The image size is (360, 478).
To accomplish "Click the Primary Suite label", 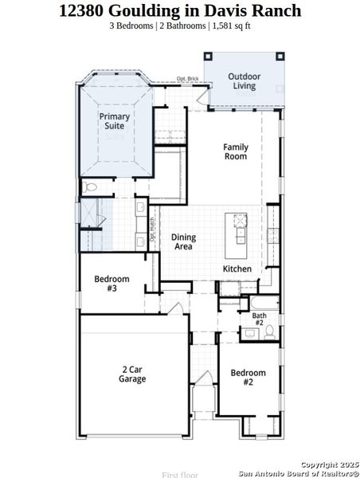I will (x=114, y=121).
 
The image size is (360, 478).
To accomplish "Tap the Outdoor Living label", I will (x=244, y=81).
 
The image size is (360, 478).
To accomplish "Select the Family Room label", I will (x=235, y=151).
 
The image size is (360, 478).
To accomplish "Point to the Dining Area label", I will (x=184, y=242).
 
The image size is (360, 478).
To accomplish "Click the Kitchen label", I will (x=237, y=269).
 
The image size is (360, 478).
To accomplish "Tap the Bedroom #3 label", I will (x=106, y=283).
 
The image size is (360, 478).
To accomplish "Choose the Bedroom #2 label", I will (x=242, y=377).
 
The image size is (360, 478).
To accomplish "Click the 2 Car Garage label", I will (x=133, y=374).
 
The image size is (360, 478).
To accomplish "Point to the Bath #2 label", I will (x=260, y=319).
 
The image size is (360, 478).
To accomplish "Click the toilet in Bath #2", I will (x=268, y=331).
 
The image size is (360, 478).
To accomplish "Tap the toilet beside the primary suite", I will (x=90, y=187).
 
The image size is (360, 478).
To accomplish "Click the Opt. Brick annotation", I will (x=188, y=80).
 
